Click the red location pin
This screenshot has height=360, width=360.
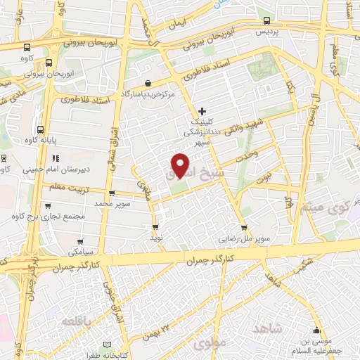click(x=181, y=165)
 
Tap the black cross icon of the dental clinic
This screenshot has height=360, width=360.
click(x=202, y=111)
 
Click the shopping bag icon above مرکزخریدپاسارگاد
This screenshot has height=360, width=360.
click(x=147, y=83)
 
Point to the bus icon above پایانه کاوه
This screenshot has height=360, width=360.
click(x=40, y=130)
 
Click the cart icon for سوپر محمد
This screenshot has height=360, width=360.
click(x=111, y=193)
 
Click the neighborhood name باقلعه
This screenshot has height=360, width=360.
click(x=77, y=321)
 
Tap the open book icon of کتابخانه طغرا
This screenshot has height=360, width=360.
click(x=107, y=344)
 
